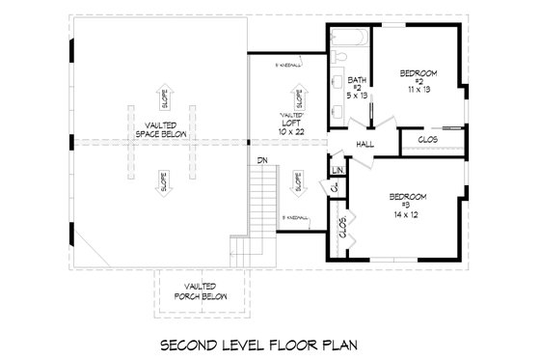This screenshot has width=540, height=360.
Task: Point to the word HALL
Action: [365, 144]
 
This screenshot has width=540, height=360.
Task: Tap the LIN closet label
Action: [337, 170]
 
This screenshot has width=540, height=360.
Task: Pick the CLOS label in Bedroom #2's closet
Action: [428, 140]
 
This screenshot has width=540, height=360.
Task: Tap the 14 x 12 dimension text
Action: [407, 212]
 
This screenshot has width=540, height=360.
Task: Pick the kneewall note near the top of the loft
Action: [289, 66]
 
